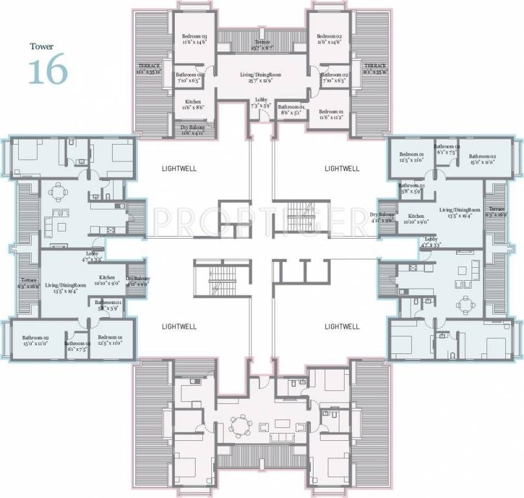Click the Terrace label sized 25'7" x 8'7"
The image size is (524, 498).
click(x=262, y=44)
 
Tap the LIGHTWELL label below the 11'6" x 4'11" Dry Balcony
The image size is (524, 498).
click(x=179, y=169)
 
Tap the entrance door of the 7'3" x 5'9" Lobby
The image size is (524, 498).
click(x=262, y=117)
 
